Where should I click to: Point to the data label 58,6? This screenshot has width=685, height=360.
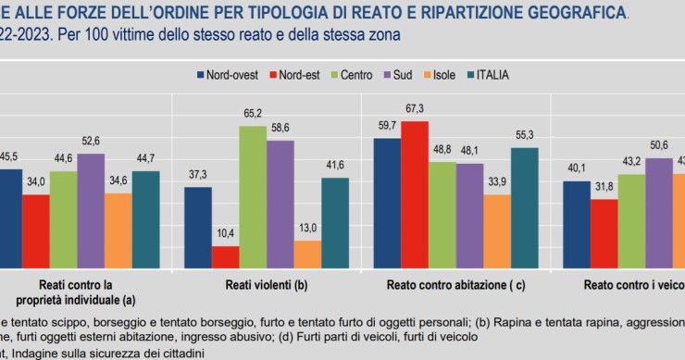click(x=280, y=128)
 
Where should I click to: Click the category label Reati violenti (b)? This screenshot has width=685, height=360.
click(x=267, y=284)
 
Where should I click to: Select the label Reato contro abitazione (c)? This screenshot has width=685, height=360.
click(x=455, y=284)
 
